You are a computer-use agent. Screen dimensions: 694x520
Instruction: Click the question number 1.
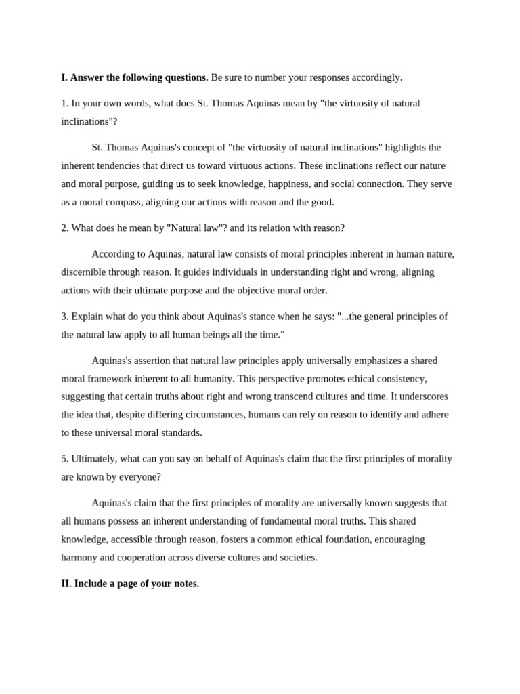[x=64, y=103]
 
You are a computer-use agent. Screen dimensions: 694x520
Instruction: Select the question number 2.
[x=64, y=228]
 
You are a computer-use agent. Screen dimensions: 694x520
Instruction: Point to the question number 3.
[x=64, y=316]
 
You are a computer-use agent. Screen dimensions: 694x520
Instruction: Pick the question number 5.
[x=64, y=458]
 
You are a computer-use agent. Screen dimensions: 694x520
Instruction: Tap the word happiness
[x=316, y=184]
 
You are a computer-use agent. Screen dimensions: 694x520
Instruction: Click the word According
[x=113, y=253]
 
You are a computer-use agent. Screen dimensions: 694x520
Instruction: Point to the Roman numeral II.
[x=66, y=583]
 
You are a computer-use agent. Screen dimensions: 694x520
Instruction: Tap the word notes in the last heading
[x=183, y=583]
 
